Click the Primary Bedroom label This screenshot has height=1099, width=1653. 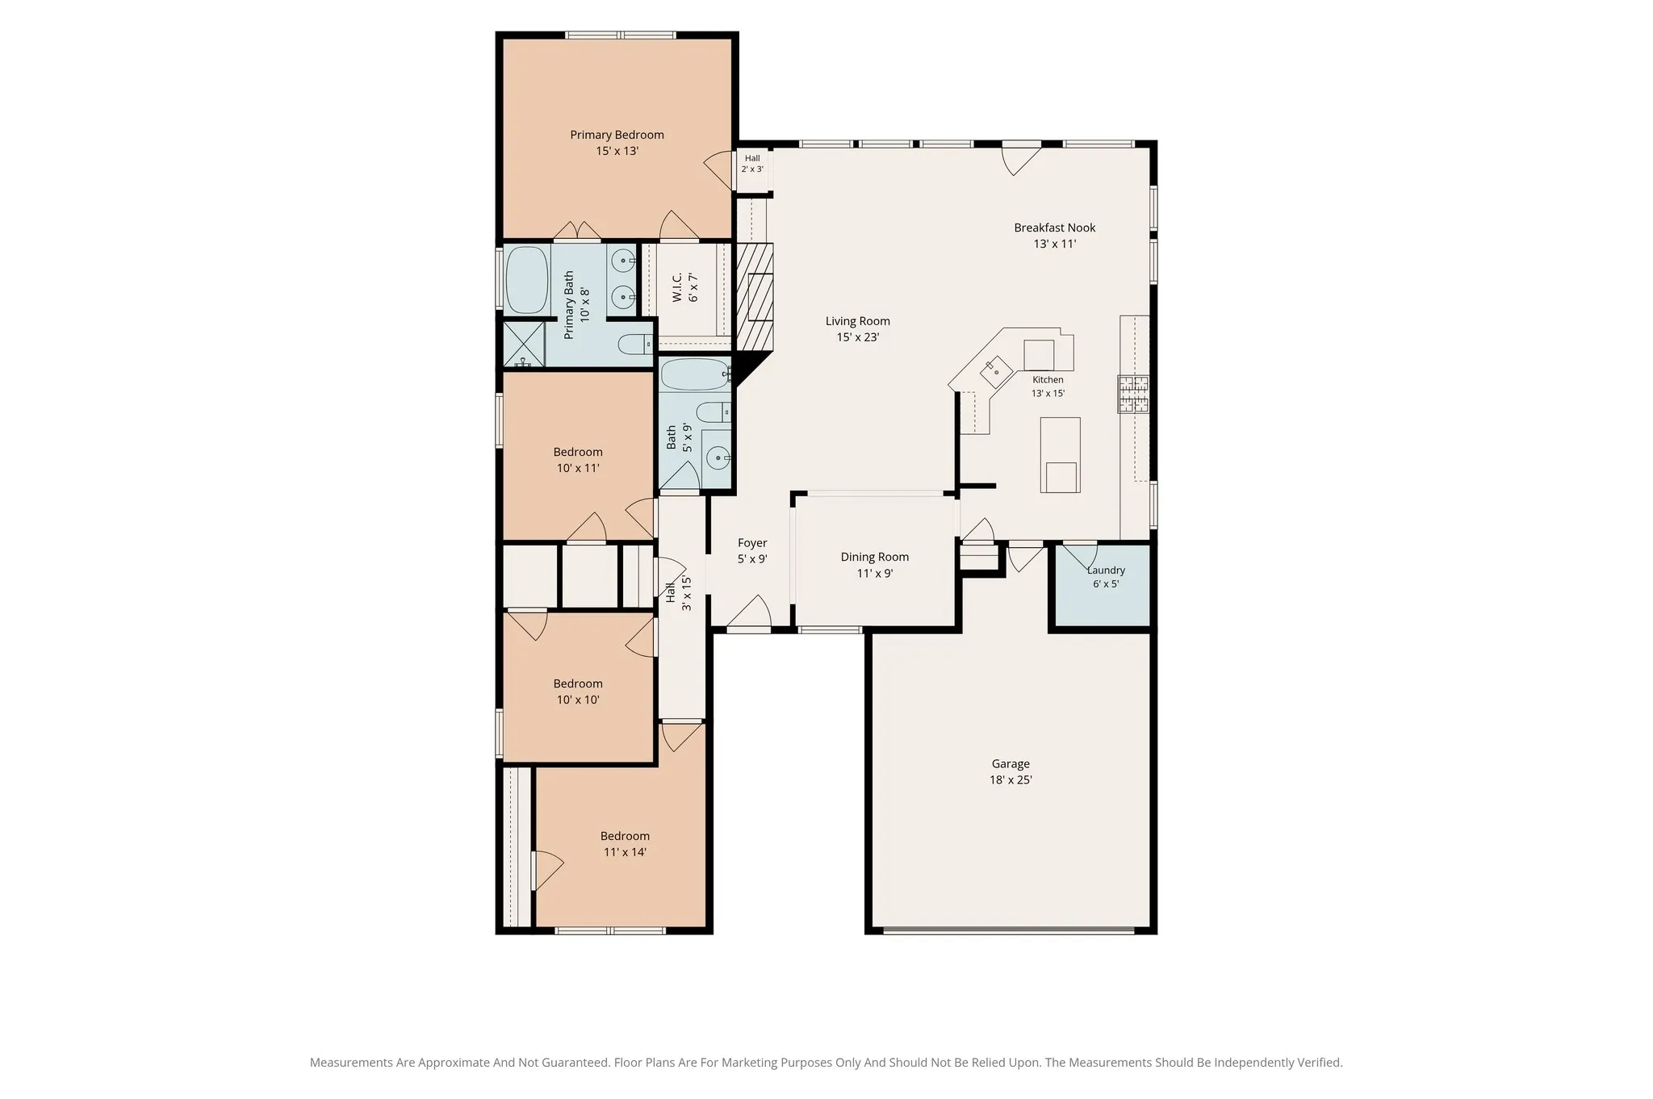pyautogui.click(x=617, y=135)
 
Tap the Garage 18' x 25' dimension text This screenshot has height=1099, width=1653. pyautogui.click(x=1011, y=780)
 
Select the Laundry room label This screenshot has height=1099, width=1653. pyautogui.click(x=1106, y=570)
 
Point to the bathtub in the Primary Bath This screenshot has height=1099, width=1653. pyautogui.click(x=526, y=280)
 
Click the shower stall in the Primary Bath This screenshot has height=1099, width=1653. pyautogui.click(x=525, y=345)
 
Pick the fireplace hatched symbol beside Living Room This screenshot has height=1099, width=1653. pyautogui.click(x=755, y=297)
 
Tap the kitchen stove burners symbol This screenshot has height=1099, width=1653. pyautogui.click(x=1133, y=394)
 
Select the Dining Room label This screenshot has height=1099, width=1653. pyautogui.click(x=875, y=557)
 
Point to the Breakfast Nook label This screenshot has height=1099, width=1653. pyautogui.click(x=1055, y=228)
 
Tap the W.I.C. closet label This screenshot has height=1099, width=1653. pyautogui.click(x=677, y=287)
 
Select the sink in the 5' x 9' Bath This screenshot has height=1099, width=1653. pyautogui.click(x=717, y=459)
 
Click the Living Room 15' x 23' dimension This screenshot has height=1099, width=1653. pyautogui.click(x=858, y=337)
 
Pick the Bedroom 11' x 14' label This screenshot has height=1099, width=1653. pyautogui.click(x=625, y=844)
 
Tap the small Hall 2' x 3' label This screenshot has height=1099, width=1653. pyautogui.click(x=752, y=164)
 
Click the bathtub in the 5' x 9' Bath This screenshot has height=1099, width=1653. pyautogui.click(x=696, y=374)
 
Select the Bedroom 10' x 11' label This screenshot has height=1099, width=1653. pyautogui.click(x=578, y=460)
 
